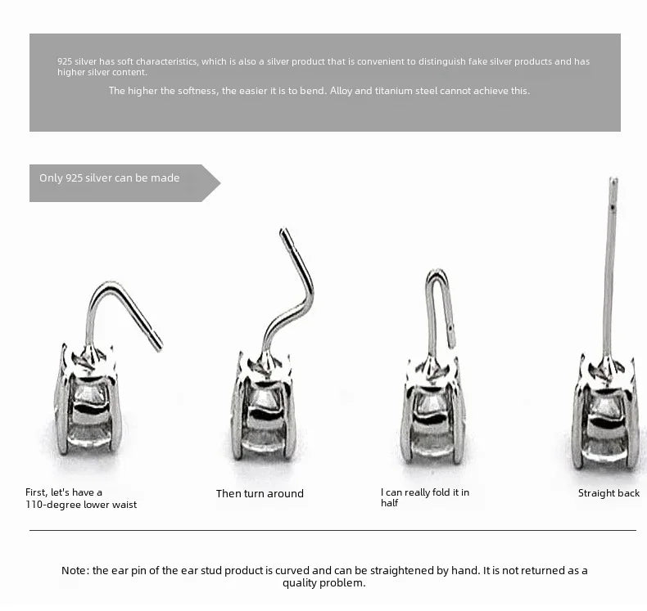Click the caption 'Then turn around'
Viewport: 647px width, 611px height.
[x=260, y=493]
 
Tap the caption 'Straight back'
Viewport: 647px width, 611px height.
[x=609, y=493]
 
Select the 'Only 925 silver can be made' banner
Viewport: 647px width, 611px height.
[x=115, y=178]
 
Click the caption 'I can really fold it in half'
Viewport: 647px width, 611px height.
[x=424, y=497]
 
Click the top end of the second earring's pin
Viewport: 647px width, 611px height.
[x=283, y=232]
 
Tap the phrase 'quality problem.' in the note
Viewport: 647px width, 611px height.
[x=324, y=583]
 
